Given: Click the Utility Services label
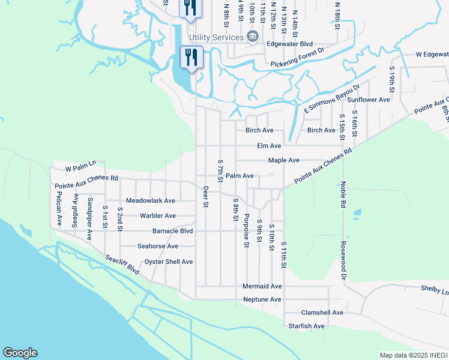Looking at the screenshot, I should point(216,37).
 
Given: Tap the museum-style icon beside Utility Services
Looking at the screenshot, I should point(253,37).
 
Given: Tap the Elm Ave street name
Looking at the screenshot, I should point(269,146).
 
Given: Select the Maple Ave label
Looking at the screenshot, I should point(283,160).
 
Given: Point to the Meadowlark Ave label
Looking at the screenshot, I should point(151,201).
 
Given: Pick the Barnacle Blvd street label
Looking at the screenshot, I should point(173,230).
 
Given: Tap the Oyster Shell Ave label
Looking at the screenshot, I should point(169,262).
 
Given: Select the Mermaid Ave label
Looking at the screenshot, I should point(262,287).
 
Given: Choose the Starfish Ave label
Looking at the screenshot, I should point(306,326).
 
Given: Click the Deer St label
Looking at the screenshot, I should point(205,196).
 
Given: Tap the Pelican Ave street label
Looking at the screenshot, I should point(59,208).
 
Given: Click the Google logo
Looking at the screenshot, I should point(20,353).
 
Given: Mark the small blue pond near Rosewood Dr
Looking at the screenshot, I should point(358,213).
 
